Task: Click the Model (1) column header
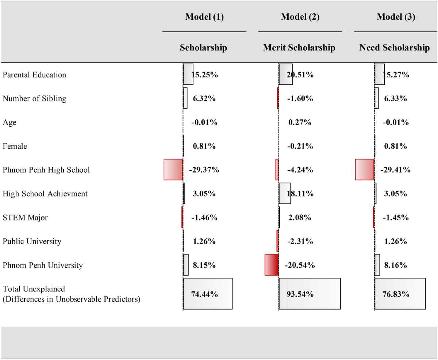coord(204,17)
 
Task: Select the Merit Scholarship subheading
coord(299,48)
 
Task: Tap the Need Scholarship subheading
coord(395,48)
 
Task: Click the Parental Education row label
coord(34,75)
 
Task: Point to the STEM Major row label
coord(25,218)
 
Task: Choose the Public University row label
coord(32,241)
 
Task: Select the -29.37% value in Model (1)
coord(204,170)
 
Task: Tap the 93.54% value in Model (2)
coord(300,294)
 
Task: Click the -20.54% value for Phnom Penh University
coord(300,265)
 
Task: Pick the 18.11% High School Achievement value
coord(300,194)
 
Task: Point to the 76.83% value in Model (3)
coord(396,294)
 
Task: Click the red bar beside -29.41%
coord(364,169)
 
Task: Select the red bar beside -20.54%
coord(272,265)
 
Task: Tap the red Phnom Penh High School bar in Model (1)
coord(173,169)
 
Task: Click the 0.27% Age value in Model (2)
coord(300,122)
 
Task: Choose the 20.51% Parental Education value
coord(300,75)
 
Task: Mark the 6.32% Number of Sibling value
coord(204,99)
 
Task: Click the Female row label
coord(15,146)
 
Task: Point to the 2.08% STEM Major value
coord(300,218)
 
